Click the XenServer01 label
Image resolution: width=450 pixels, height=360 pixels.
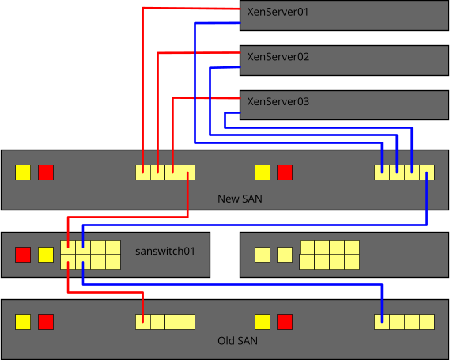[x=278, y=12]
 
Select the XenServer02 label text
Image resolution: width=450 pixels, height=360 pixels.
[x=278, y=57]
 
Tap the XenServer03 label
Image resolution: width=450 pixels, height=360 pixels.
[x=278, y=101]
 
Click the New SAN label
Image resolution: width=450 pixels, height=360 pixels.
[x=240, y=199]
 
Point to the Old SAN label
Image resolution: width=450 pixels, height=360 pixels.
[x=237, y=341]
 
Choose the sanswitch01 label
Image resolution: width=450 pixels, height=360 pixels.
[x=165, y=251]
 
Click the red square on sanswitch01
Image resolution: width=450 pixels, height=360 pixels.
[x=23, y=255]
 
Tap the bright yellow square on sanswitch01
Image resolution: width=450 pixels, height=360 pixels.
[x=46, y=255]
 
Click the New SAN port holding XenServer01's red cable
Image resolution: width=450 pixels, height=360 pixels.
[x=143, y=172]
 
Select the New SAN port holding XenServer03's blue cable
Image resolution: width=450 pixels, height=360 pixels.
[x=412, y=172]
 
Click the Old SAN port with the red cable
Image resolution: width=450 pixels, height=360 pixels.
[x=143, y=322]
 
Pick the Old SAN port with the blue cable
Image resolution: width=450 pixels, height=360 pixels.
[x=382, y=322]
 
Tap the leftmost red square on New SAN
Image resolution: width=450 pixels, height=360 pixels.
[x=46, y=172]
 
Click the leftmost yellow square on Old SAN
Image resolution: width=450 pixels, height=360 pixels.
[x=23, y=322]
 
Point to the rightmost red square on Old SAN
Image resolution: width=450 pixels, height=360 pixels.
[x=285, y=322]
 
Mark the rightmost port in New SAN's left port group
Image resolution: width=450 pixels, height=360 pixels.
[x=187, y=172]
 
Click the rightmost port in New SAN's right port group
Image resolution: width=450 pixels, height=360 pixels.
[x=427, y=172]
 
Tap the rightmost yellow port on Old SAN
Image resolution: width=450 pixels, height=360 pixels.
[x=427, y=322]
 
